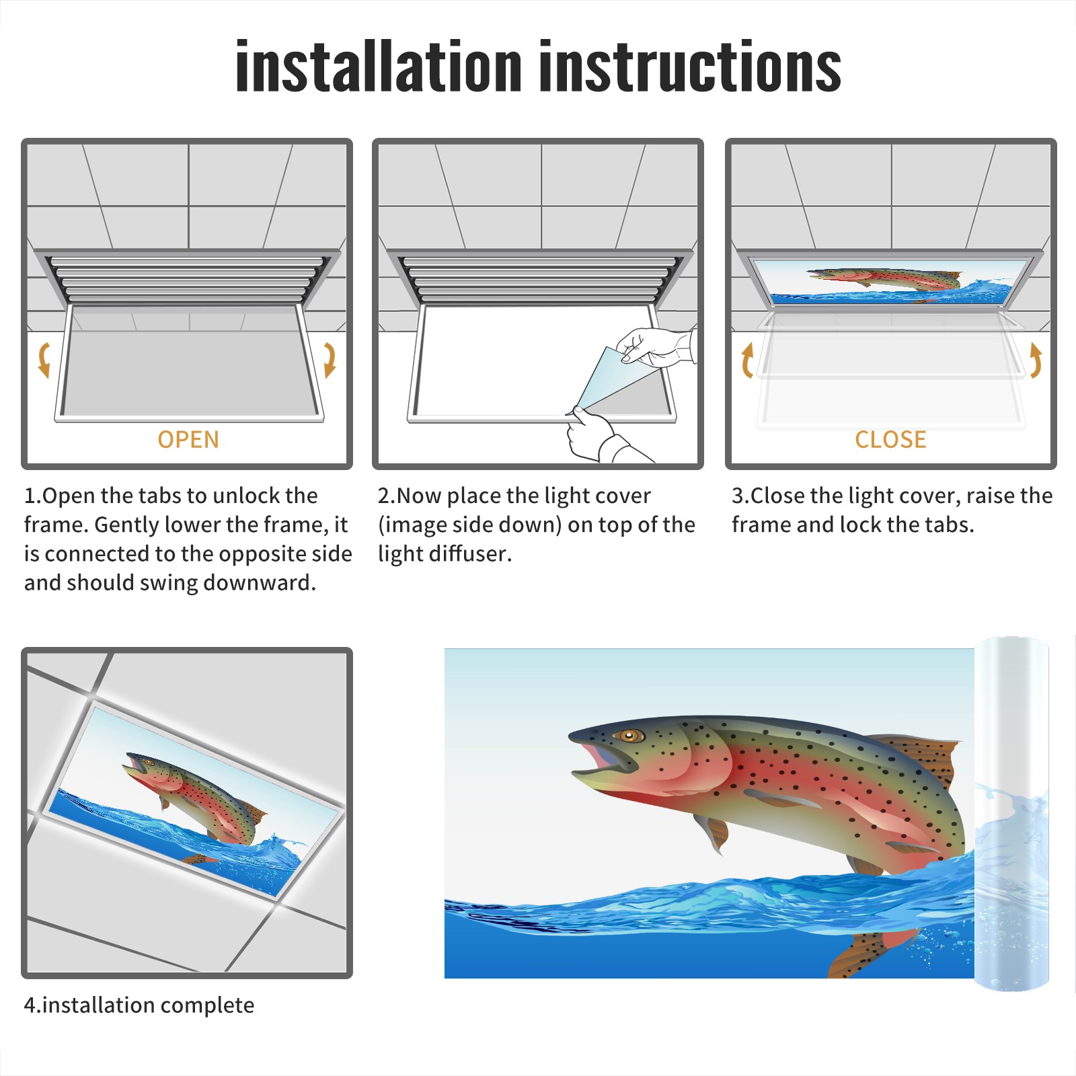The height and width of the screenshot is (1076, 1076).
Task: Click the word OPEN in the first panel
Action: point(188,439)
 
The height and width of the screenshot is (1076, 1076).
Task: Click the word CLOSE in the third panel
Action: point(890,439)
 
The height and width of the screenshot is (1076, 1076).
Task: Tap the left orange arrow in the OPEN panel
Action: point(44,360)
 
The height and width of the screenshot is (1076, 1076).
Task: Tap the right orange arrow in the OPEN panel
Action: point(330,360)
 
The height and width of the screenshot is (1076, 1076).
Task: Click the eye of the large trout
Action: point(630,735)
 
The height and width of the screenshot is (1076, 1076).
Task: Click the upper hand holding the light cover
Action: point(656,346)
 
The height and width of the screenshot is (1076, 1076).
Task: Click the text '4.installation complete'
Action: point(139,1005)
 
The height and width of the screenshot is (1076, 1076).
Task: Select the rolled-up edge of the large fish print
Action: point(1011,814)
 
